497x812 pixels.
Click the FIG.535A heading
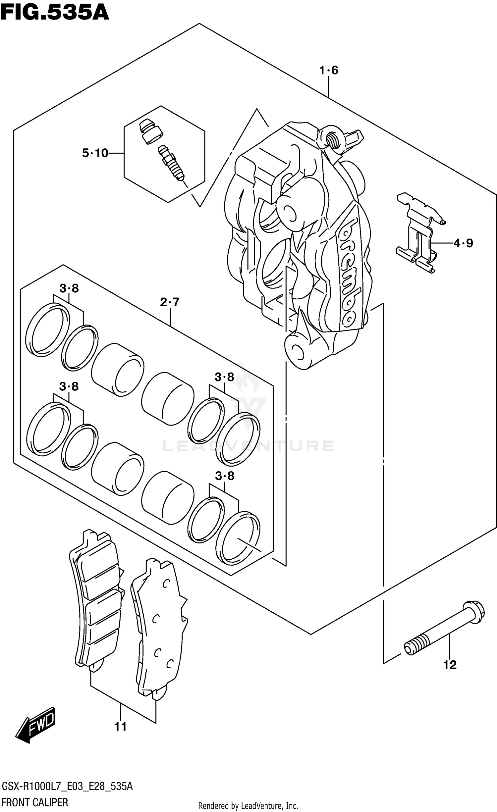click(x=55, y=12)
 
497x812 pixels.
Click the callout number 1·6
click(x=328, y=70)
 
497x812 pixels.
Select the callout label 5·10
click(x=95, y=153)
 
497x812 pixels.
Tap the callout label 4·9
click(x=463, y=243)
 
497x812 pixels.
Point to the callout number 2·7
click(x=170, y=302)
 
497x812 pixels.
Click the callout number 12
click(x=450, y=664)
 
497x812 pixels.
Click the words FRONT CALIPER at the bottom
click(x=35, y=803)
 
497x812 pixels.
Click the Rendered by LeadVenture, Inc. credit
click(x=248, y=806)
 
